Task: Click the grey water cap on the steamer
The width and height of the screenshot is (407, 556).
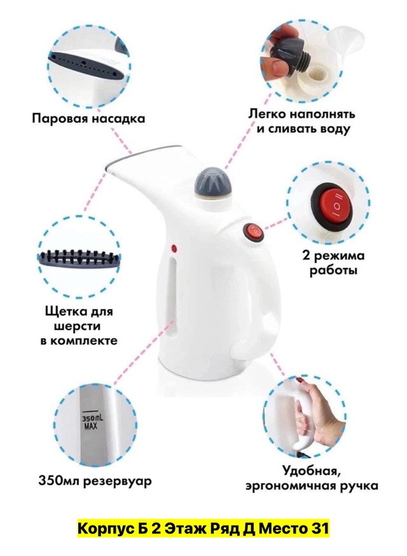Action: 211,182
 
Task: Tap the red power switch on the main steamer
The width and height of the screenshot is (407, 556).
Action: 253,232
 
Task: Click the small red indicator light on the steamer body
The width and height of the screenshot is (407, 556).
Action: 174,248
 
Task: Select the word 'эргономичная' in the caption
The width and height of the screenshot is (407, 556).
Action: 291,486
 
